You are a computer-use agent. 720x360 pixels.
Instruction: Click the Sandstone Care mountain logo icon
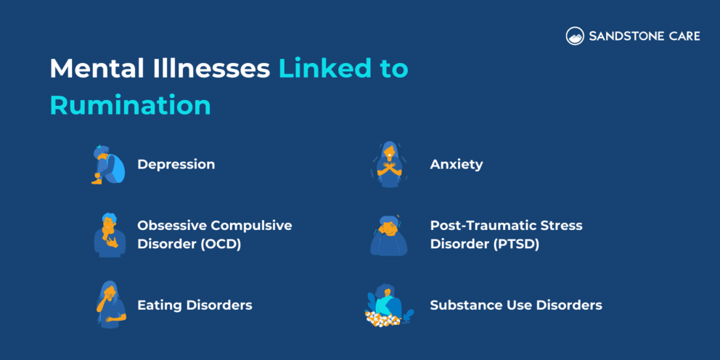point(575,36)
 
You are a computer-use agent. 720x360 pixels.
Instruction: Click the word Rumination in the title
point(130,105)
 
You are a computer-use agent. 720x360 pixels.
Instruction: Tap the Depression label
point(176,164)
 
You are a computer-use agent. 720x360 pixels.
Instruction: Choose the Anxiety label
point(456,164)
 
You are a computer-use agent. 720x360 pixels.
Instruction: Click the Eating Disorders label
point(195,305)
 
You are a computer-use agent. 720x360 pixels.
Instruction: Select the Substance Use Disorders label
point(515,305)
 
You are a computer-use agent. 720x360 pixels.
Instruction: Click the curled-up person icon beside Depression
point(107,165)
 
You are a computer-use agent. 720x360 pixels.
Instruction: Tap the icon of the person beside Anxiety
point(390,165)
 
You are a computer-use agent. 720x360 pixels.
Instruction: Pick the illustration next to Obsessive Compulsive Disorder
point(109,234)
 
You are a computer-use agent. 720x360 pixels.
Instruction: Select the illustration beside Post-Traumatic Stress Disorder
point(390,234)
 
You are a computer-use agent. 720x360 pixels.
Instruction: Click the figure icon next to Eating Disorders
point(109,304)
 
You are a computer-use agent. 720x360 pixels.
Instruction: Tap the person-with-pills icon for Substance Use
point(388,305)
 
